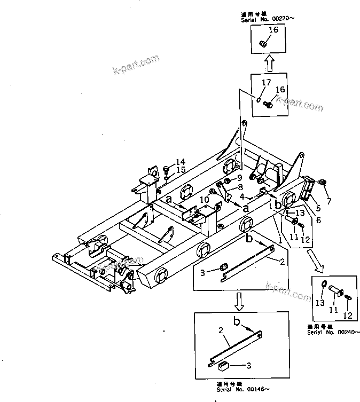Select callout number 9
tap(240, 178)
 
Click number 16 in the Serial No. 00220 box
tap(272, 30)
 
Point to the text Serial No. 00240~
tap(329, 332)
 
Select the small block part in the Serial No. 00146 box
tap(224, 366)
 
